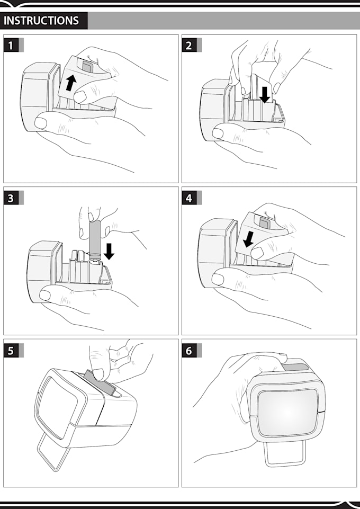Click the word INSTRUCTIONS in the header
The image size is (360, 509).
[x=41, y=21]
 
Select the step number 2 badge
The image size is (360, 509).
[x=189, y=45]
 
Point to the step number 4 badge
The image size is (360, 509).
[x=189, y=198]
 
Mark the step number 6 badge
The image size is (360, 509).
[x=189, y=350]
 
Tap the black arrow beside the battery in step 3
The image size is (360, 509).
[x=109, y=251]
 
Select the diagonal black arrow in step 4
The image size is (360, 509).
[x=247, y=240]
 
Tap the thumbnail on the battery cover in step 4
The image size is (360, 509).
[x=258, y=253]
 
